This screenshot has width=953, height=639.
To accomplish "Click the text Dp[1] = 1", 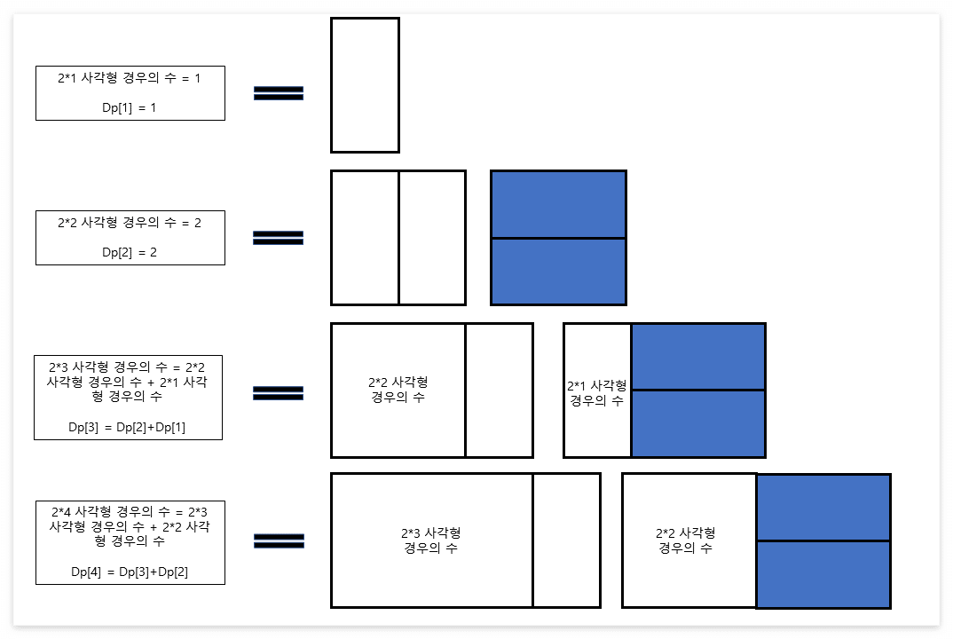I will click(130, 107).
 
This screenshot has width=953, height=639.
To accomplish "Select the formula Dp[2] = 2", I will click(130, 252).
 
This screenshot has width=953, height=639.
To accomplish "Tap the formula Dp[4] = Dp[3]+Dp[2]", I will click(130, 572).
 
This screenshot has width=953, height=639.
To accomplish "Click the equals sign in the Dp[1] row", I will click(279, 93).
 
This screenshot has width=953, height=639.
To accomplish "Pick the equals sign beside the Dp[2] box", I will click(279, 238).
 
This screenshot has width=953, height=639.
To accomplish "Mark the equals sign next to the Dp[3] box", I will click(279, 393).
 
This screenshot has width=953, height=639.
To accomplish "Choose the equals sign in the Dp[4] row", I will click(279, 540).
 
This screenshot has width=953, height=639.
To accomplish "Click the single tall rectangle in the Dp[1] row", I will click(365, 85).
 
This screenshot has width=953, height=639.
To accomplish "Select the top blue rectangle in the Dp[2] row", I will click(558, 204).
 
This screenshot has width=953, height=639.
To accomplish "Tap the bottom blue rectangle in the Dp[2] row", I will click(558, 272).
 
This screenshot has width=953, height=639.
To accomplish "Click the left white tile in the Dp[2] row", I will click(365, 238).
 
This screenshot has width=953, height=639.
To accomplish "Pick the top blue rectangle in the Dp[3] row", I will click(697, 357).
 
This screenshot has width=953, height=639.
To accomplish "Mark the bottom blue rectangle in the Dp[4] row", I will click(823, 574).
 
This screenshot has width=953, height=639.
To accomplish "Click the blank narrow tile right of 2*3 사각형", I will click(566, 540).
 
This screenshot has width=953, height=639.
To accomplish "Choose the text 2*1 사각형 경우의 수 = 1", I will click(130, 78).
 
